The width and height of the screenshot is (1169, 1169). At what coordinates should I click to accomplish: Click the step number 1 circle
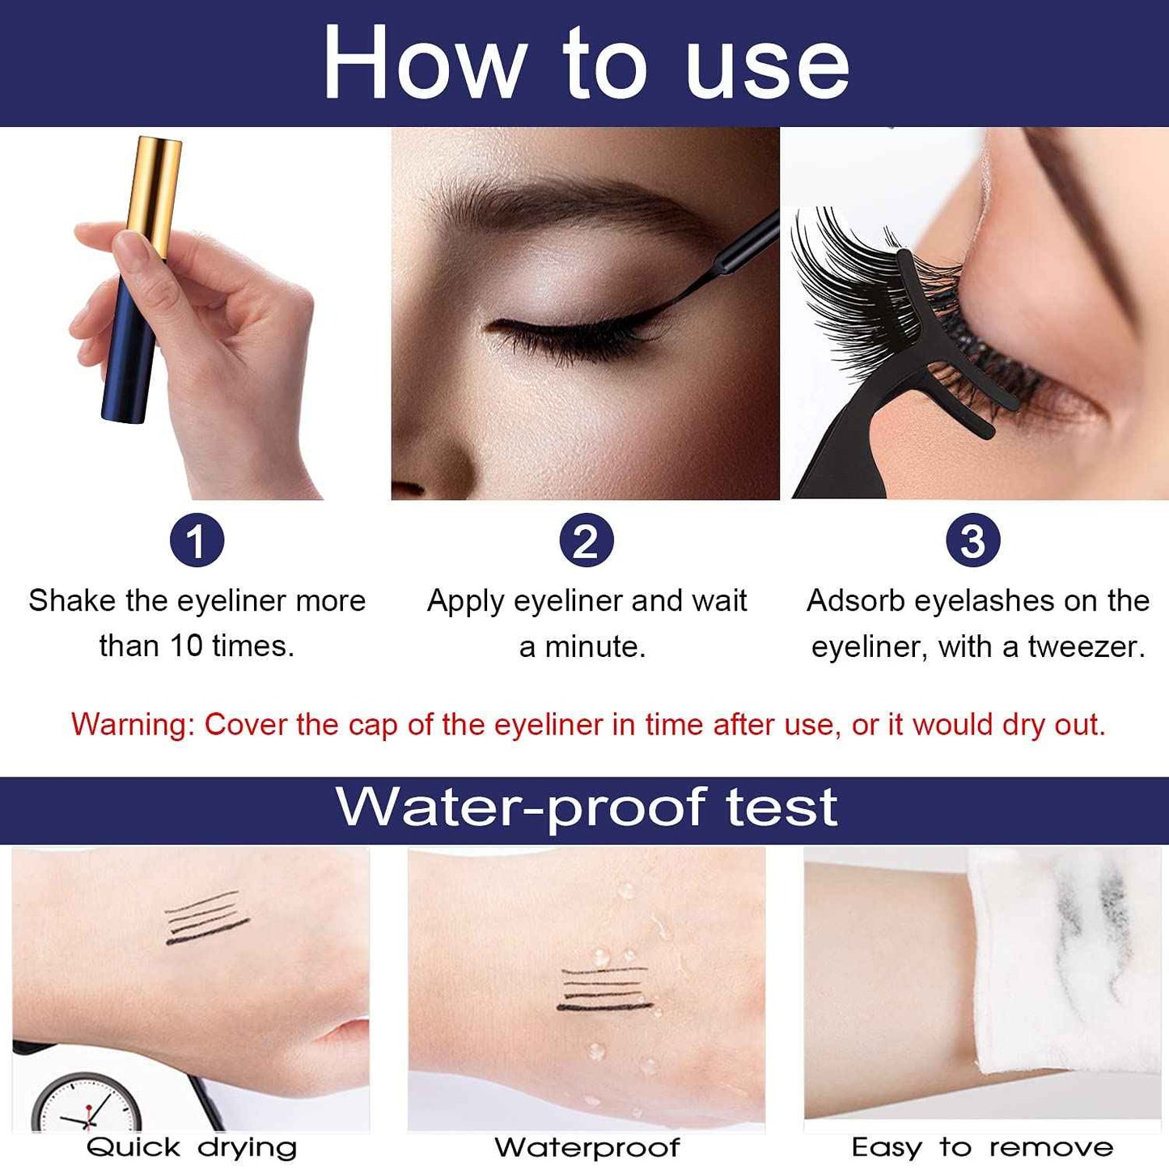(197, 540)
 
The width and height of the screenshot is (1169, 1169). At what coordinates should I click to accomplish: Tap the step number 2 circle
(586, 540)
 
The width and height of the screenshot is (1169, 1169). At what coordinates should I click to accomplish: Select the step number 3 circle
(972, 540)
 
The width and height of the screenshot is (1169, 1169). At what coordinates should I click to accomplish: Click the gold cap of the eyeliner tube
(154, 194)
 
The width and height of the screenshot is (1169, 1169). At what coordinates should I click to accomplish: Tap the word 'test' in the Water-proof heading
(781, 807)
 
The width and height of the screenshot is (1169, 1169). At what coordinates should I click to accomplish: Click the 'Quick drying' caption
(192, 1147)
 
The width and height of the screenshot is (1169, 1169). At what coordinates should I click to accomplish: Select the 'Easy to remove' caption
(982, 1147)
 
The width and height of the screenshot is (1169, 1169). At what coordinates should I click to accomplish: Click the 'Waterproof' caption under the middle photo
(587, 1147)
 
